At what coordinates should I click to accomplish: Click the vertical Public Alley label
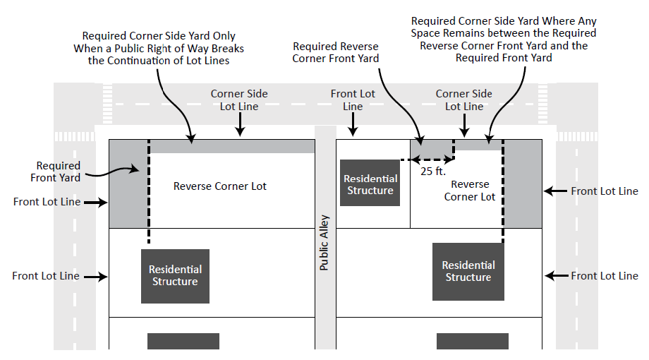pyautogui.click(x=324, y=244)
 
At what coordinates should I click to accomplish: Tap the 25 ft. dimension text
pyautogui.click(x=432, y=170)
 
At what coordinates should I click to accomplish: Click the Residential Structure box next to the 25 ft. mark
pyautogui.click(x=370, y=183)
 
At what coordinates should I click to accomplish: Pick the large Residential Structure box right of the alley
pyautogui.click(x=468, y=271)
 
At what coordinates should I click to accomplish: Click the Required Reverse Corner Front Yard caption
pyautogui.click(x=335, y=52)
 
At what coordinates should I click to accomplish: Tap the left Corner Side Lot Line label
pyautogui.click(x=239, y=100)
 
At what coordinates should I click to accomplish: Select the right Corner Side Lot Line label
pyautogui.click(x=464, y=100)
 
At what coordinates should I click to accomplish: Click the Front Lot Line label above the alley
pyautogui.click(x=353, y=100)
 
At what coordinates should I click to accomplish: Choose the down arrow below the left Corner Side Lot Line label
pyautogui.click(x=240, y=125)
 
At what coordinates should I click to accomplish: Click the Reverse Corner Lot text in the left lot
pyautogui.click(x=220, y=186)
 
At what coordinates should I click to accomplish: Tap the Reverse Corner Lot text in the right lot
pyautogui.click(x=470, y=191)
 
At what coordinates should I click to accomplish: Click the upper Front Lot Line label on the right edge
pyautogui.click(x=604, y=191)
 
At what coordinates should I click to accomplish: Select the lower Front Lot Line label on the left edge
pyautogui.click(x=46, y=276)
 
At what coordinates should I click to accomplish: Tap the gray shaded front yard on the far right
pyautogui.click(x=523, y=184)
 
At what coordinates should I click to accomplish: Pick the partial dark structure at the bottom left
pyautogui.click(x=174, y=341)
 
